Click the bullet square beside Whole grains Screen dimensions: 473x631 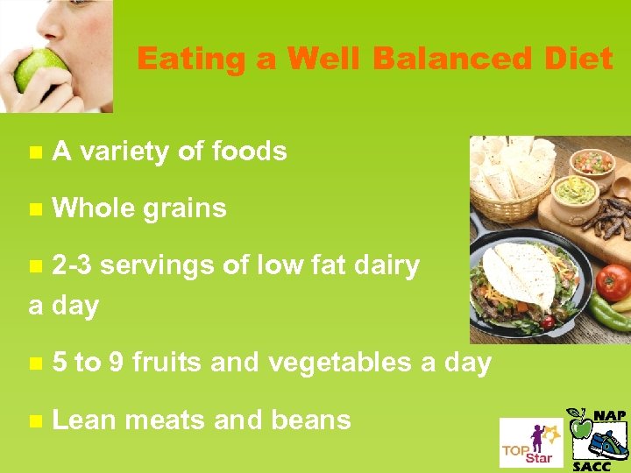(35, 209)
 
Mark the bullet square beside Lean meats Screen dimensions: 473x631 (35, 420)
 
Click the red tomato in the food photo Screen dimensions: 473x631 (613, 282)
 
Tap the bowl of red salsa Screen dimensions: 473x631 (593, 162)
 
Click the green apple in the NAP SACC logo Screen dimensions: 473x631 (580, 425)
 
